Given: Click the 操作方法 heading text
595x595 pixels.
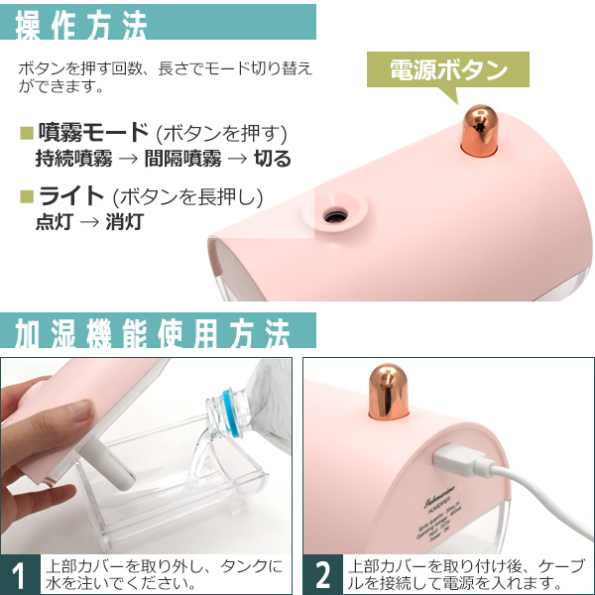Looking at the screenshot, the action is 81,26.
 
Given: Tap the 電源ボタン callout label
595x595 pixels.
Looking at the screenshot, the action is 448,70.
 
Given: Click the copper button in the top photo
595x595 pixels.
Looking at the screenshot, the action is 480,130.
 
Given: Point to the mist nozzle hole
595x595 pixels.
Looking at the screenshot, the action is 335,216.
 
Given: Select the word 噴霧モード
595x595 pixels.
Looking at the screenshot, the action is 93,132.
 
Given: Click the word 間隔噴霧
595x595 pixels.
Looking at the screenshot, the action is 182,159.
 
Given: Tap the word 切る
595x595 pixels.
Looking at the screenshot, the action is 272,159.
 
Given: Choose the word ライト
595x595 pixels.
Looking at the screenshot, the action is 71,195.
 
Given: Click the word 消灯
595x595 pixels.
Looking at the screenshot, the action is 124,221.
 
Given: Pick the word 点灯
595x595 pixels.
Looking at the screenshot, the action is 54,221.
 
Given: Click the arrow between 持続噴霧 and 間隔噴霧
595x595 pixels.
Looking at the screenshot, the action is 128,159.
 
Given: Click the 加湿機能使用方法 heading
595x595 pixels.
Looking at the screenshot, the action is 152,333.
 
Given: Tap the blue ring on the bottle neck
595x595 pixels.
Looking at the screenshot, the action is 231,413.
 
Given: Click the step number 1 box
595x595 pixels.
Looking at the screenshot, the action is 20,574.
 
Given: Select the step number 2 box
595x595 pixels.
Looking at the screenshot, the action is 322,574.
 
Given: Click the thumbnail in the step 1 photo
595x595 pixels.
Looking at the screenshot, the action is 80,411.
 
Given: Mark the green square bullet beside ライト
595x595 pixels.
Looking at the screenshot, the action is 27,196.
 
